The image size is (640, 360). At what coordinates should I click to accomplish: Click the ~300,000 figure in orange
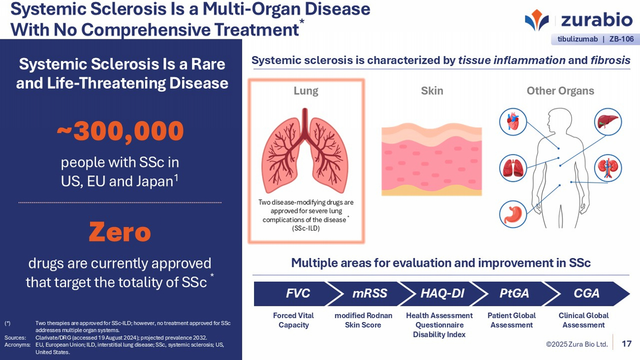[120, 131]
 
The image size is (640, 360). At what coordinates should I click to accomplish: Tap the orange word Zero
[120, 232]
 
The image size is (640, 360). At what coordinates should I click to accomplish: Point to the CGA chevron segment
[586, 294]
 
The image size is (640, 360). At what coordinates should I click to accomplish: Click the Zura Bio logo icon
[537, 20]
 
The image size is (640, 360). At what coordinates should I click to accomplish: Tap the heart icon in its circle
[513, 122]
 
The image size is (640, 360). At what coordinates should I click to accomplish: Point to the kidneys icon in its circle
[608, 168]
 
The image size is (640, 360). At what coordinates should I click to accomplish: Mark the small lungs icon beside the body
[513, 168]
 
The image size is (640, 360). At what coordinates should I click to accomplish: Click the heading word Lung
[306, 91]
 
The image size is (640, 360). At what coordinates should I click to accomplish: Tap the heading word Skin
[432, 91]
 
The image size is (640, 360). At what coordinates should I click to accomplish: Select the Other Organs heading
[560, 91]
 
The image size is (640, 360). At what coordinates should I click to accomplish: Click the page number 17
[627, 344]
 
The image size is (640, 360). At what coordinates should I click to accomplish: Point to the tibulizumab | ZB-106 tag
[595, 39]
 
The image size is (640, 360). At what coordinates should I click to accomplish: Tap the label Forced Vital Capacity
[293, 320]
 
